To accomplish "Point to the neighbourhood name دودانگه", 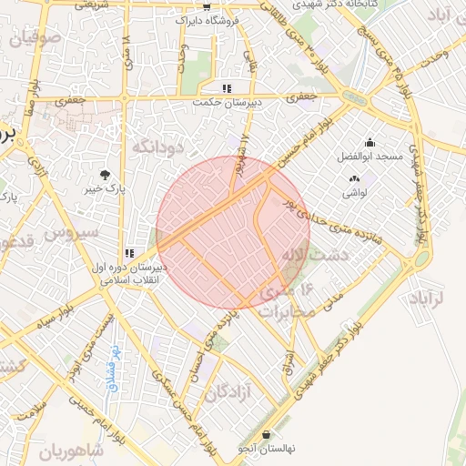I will click(x=158, y=146).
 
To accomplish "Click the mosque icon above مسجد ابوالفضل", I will click(x=370, y=143).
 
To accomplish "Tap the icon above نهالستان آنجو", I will click(x=266, y=435).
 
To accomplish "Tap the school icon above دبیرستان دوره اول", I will click(x=129, y=252).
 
